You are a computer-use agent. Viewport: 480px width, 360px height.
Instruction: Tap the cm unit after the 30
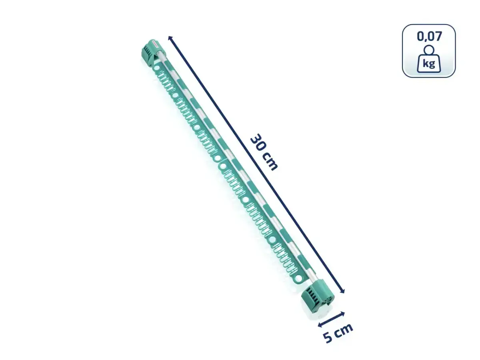[270, 162]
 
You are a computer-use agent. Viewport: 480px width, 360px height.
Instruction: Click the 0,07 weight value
[429, 36]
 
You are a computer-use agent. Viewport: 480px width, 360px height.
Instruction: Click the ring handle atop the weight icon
[429, 50]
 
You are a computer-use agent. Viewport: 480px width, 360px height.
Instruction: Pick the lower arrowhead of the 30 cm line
[342, 291]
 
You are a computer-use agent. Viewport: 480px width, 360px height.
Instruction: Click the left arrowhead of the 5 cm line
[320, 325]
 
